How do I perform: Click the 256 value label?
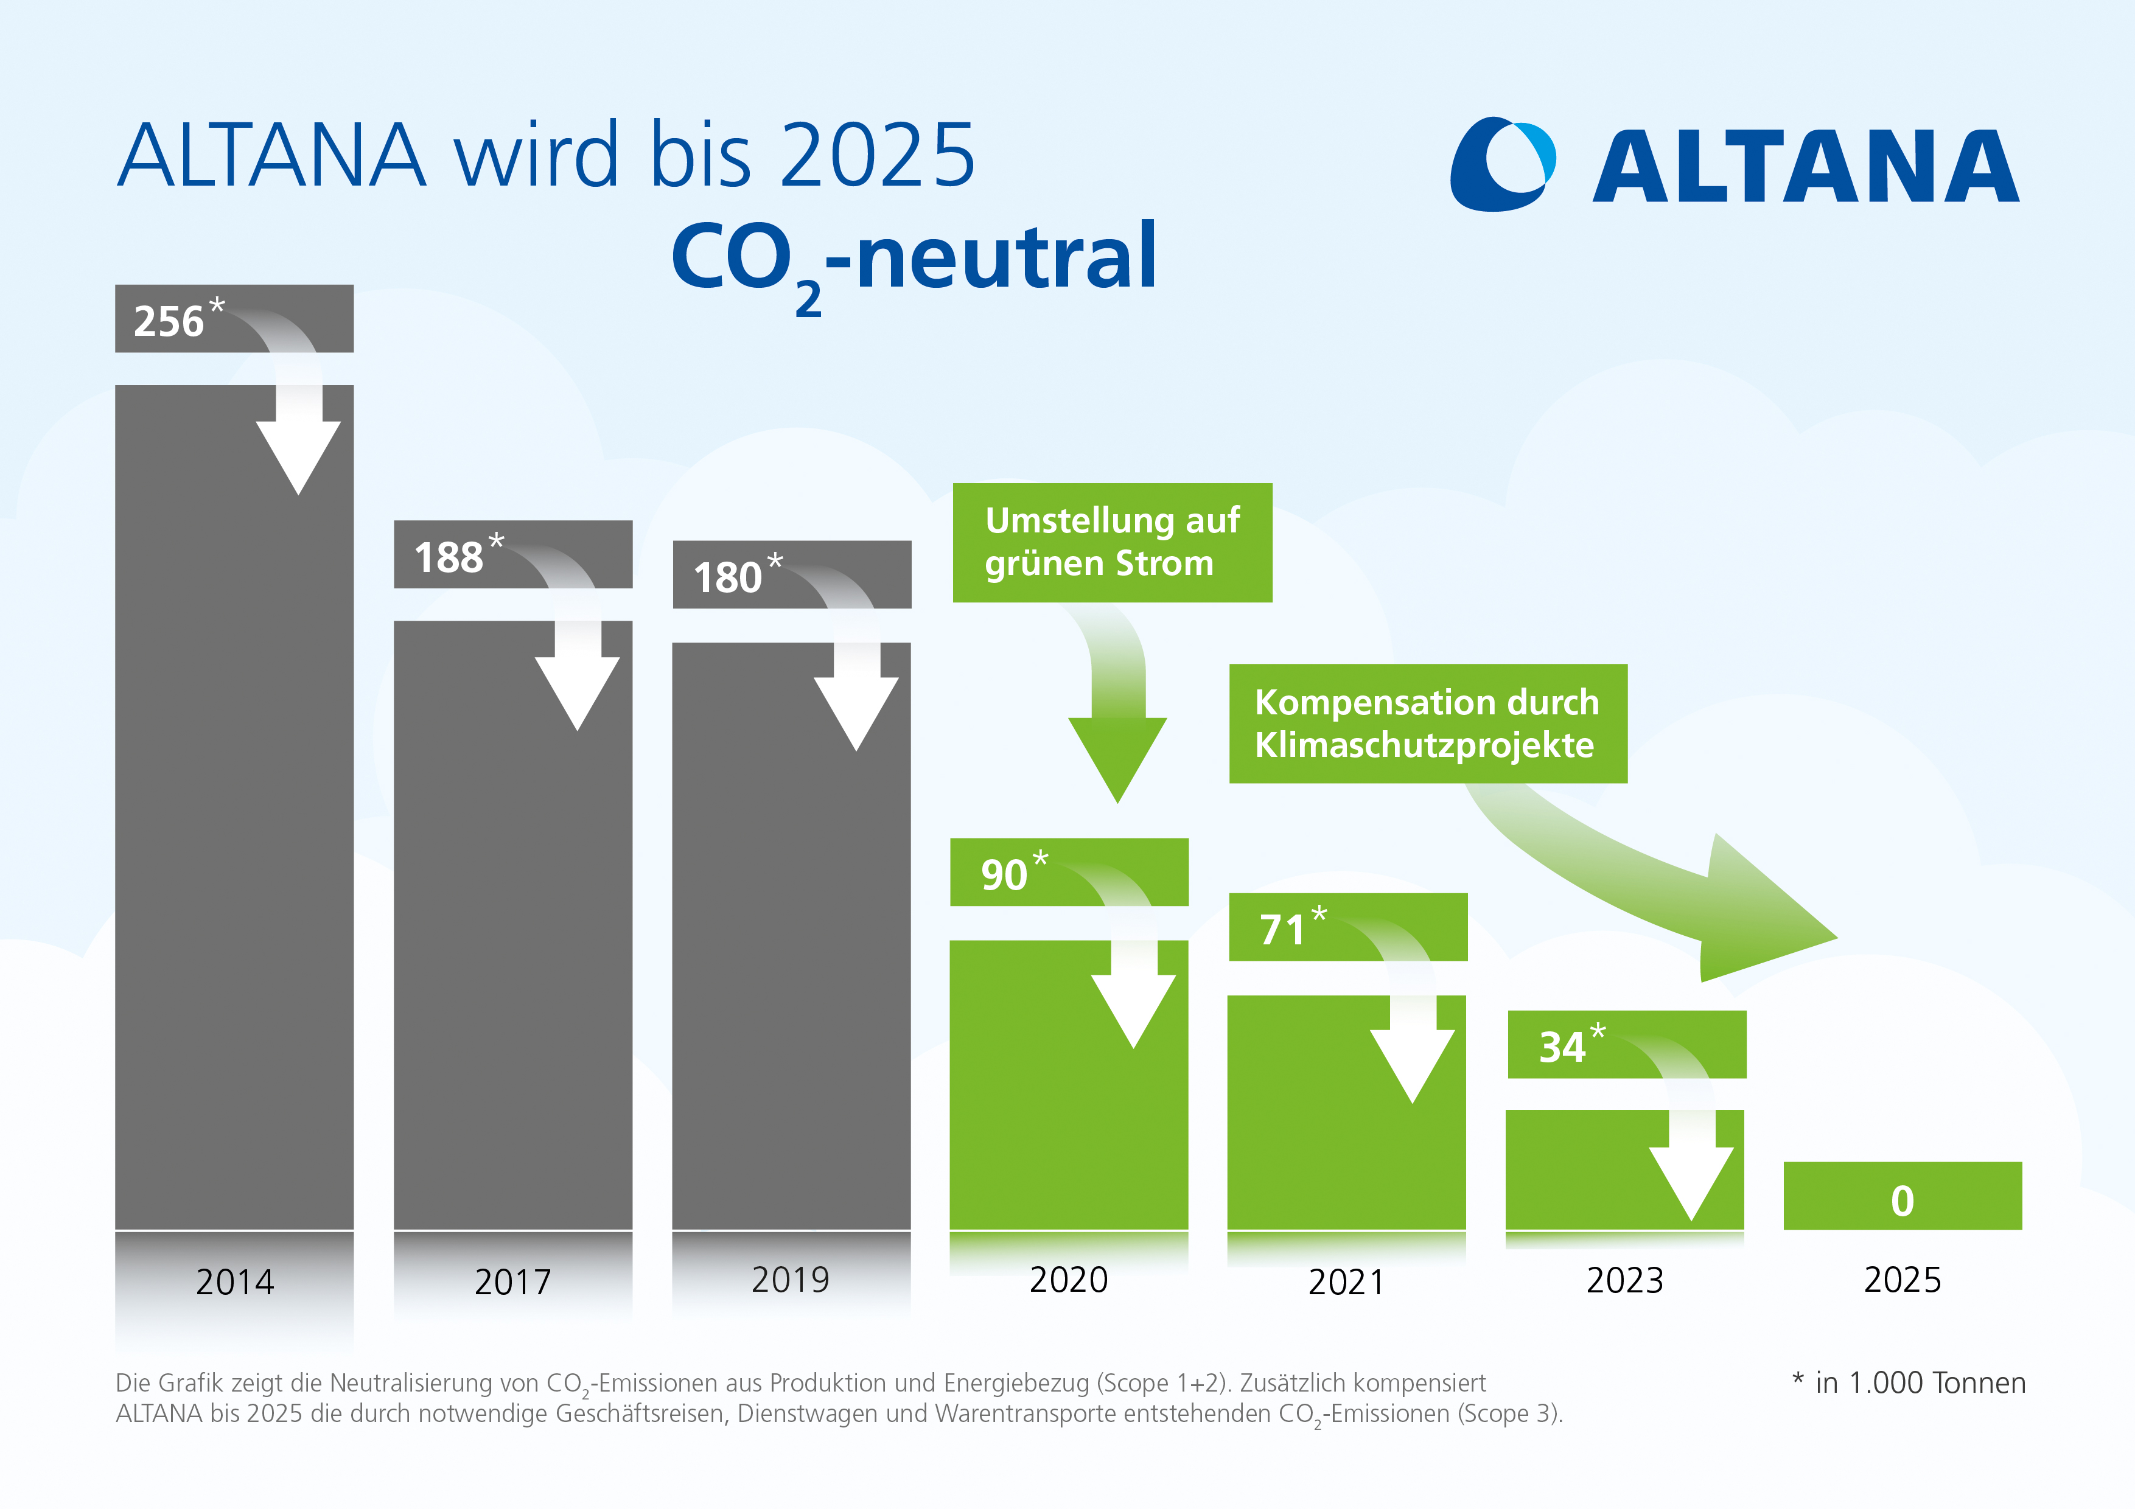tap(169, 321)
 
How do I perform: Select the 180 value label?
tap(728, 577)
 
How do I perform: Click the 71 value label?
tap(1283, 930)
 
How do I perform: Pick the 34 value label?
tap(1562, 1047)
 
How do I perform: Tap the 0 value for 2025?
tap(1903, 1201)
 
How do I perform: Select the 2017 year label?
tap(513, 1282)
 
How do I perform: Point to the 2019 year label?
tap(791, 1280)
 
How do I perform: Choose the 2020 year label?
tap(1069, 1280)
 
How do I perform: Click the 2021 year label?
tap(1346, 1282)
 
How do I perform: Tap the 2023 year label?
tap(1624, 1280)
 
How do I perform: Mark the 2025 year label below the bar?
tap(1903, 1280)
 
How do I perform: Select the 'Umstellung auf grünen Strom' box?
tap(1112, 542)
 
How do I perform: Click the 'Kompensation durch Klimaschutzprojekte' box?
tap(1427, 723)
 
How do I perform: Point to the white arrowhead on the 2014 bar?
tap(298, 456)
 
